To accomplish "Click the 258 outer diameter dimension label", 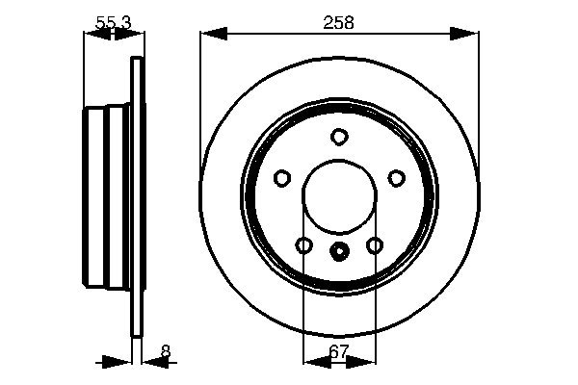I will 339,21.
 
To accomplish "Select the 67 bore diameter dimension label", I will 339,352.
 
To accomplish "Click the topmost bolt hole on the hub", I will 339,137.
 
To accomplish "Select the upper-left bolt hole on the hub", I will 282,178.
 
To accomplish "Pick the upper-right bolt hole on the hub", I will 396,178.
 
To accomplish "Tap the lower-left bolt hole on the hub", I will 304,245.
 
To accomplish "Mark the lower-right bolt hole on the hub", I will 374,245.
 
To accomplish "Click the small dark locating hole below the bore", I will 339,253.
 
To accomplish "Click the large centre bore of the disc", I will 339,197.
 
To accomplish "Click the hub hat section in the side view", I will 106,197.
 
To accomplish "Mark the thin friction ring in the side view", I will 137,197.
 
